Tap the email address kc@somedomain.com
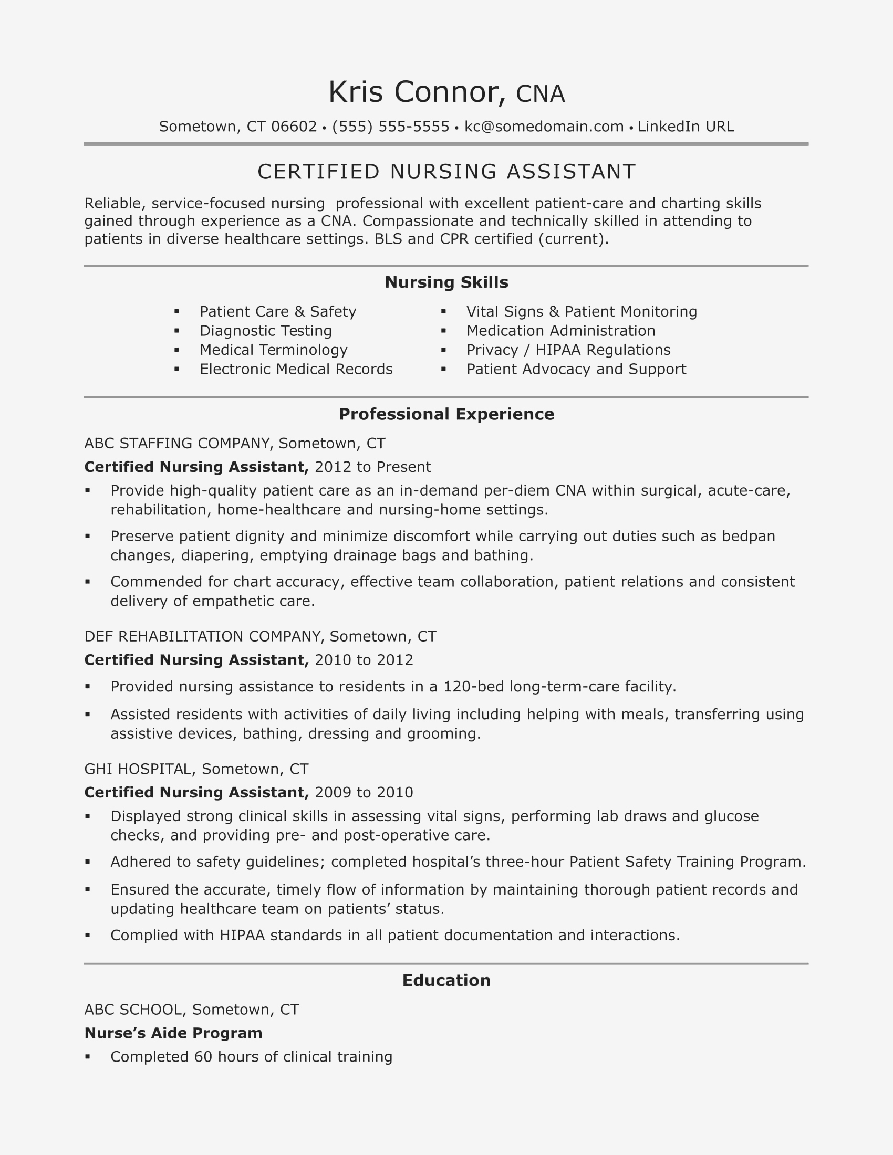544,127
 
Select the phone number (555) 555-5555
390,127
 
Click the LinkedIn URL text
686,127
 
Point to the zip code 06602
294,127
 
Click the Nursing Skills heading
446,282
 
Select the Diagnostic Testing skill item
266,331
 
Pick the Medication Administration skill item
560,331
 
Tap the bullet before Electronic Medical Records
176,369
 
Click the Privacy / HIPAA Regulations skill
568,350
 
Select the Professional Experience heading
446,414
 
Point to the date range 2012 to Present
372,467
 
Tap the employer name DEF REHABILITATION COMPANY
203,636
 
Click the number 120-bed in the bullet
473,687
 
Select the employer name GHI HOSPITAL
138,769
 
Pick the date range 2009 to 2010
364,792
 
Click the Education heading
446,981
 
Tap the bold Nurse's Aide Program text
173,1033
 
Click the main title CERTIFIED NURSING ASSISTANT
446,172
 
